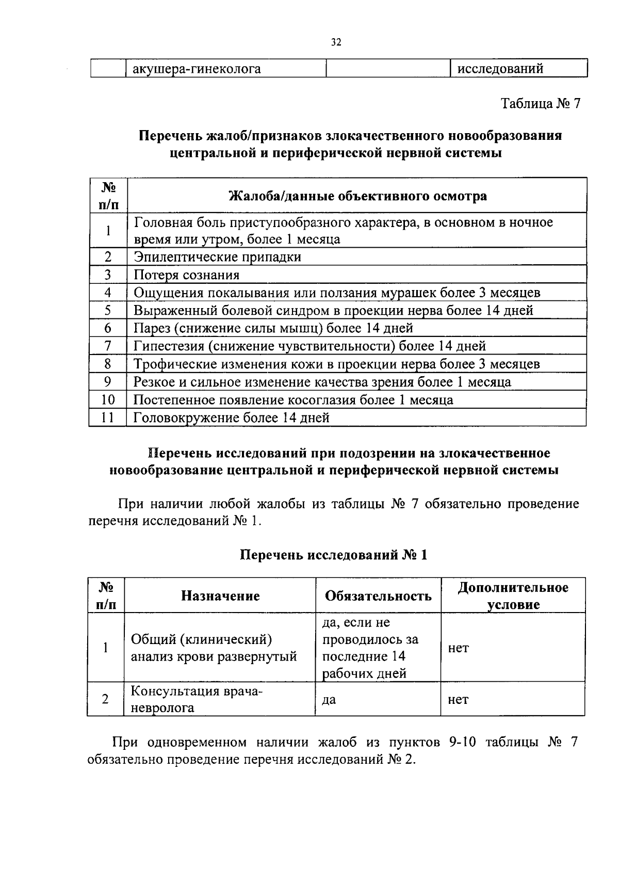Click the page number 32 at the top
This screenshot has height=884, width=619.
(336, 43)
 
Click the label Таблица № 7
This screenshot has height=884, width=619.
(541, 103)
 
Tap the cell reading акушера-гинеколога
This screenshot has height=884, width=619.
(197, 69)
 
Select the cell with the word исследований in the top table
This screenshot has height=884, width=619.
(500, 69)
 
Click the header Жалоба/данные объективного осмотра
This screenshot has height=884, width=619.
(357, 196)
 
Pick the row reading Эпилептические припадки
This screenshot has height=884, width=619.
(217, 256)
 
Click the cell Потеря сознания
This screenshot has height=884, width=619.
(186, 275)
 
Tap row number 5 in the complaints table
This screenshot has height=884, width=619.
(108, 310)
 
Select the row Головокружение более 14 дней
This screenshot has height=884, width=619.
(231, 417)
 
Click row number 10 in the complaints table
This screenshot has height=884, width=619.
(108, 400)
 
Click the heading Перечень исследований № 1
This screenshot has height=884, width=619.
(334, 555)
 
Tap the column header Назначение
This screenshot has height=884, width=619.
(220, 596)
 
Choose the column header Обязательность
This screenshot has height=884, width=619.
(378, 596)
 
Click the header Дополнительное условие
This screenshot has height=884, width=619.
(513, 596)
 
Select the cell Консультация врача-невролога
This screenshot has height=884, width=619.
(196, 699)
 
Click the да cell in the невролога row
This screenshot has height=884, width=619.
(329, 700)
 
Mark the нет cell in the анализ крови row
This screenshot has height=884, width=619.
(458, 648)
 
